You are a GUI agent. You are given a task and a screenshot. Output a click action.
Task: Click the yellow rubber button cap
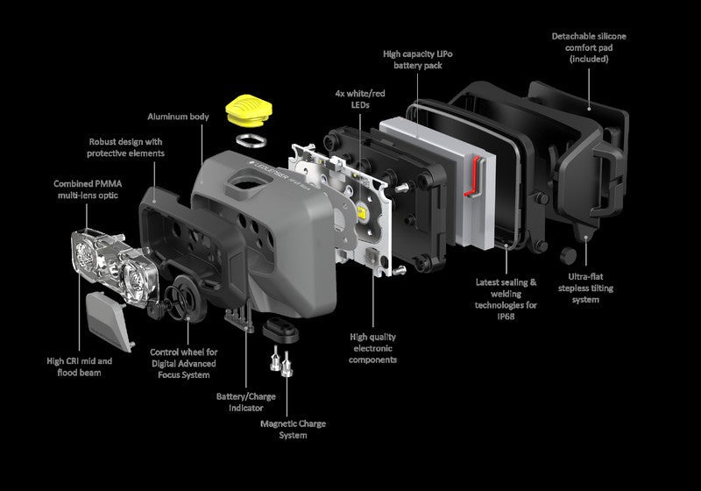(x=249, y=110)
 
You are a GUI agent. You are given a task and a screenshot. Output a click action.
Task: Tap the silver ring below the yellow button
(x=251, y=140)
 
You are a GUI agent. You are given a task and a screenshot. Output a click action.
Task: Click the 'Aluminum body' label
(x=178, y=117)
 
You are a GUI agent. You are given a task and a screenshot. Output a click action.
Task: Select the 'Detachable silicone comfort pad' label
(x=589, y=47)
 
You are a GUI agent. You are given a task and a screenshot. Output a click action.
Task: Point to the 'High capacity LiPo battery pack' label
(x=418, y=60)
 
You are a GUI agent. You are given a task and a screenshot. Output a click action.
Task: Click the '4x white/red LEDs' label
(x=360, y=99)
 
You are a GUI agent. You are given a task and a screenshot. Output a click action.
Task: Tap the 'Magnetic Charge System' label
(x=293, y=430)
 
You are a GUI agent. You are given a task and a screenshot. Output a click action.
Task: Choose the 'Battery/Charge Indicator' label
(x=246, y=402)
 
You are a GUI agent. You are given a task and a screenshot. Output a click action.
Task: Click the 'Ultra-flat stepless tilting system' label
(x=585, y=288)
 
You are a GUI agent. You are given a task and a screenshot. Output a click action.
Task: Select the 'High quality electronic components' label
(x=373, y=348)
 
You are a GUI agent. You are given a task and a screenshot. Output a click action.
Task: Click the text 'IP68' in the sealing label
(x=506, y=317)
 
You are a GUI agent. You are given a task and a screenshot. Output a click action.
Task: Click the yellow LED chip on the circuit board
(x=362, y=211)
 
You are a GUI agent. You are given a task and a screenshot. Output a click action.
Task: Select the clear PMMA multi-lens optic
(x=115, y=267)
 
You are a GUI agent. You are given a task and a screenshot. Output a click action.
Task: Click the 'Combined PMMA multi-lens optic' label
(x=88, y=189)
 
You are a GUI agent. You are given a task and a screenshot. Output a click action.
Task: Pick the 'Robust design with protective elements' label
(x=125, y=147)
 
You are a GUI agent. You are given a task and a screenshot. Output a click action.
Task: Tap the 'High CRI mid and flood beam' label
(x=79, y=366)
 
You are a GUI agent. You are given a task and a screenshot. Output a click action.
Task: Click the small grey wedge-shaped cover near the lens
(x=109, y=322)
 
